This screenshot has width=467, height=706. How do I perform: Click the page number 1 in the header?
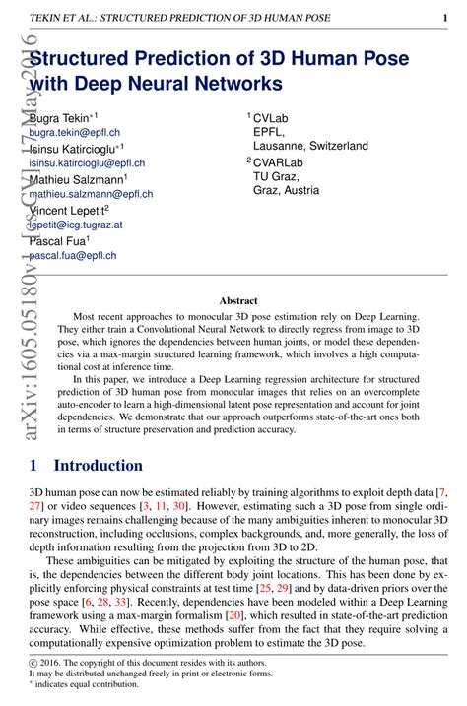coord(445,17)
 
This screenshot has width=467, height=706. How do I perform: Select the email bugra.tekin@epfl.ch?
coord(73,131)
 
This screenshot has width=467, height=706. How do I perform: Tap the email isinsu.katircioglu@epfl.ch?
coord(88,162)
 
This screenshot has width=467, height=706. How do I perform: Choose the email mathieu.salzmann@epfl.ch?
coord(92,194)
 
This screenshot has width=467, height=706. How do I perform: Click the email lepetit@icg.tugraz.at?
coord(76,225)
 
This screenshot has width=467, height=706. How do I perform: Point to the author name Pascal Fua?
coord(59,241)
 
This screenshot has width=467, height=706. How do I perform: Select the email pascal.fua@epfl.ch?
coord(73,255)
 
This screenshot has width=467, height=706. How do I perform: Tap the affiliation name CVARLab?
coord(281,161)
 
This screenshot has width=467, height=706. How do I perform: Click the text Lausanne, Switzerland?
coord(310,145)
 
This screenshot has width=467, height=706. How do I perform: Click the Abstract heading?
coord(237,300)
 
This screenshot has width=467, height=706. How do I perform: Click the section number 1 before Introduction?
coord(34,465)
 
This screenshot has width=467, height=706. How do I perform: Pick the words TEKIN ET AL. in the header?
coord(63,17)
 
